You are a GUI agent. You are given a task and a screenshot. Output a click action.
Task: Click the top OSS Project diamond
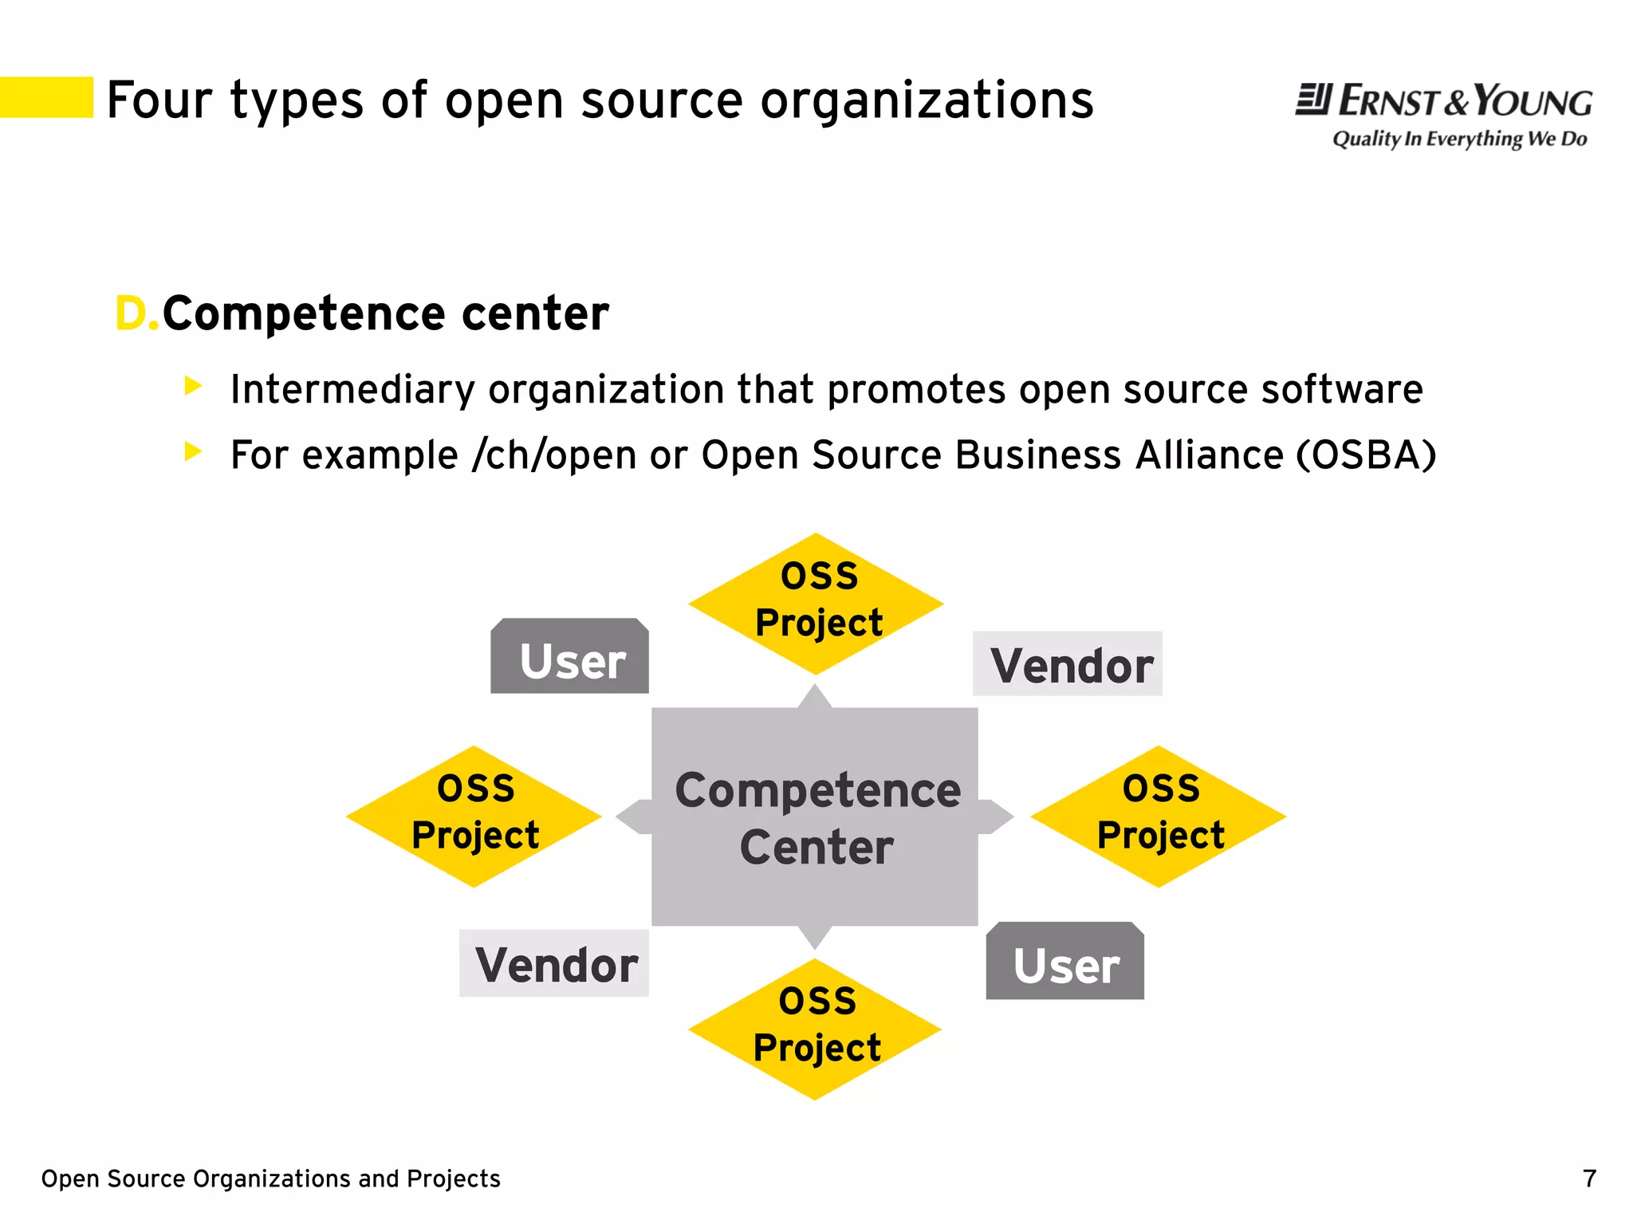pyautogui.click(x=816, y=603)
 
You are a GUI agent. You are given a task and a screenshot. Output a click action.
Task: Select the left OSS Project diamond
pyautogui.click(x=474, y=816)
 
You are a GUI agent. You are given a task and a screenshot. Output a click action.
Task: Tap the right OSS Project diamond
pyautogui.click(x=1159, y=816)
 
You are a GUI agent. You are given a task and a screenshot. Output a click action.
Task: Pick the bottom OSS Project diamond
pyautogui.click(x=815, y=1029)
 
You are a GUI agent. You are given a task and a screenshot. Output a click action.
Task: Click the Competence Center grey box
pyautogui.click(x=815, y=817)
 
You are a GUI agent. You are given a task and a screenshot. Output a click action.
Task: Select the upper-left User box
pyautogui.click(x=569, y=658)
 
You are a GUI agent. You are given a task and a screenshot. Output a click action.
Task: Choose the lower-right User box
pyautogui.click(x=1065, y=962)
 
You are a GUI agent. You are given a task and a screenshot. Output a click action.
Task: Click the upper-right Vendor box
pyautogui.click(x=1068, y=664)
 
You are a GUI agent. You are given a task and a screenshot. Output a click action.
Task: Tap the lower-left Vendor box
pyautogui.click(x=554, y=963)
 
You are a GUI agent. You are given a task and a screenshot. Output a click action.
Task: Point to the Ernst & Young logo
pyautogui.click(x=1443, y=101)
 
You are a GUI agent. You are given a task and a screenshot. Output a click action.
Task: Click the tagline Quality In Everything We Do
pyautogui.click(x=1459, y=139)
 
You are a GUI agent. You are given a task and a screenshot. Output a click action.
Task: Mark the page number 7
pyautogui.click(x=1589, y=1179)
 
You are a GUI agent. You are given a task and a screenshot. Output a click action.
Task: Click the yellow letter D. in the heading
pyautogui.click(x=136, y=313)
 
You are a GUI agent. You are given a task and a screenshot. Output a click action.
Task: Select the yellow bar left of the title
pyautogui.click(x=46, y=97)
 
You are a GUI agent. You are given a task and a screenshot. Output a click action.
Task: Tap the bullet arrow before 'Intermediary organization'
pyautogui.click(x=192, y=387)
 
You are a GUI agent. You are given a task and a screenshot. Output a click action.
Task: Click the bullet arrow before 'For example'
pyautogui.click(x=192, y=452)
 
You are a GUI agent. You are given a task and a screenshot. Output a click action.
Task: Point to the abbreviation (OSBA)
pyautogui.click(x=1366, y=455)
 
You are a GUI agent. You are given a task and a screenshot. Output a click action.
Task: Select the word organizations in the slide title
pyautogui.click(x=927, y=101)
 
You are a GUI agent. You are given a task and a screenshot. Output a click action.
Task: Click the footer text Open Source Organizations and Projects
pyautogui.click(x=270, y=1179)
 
